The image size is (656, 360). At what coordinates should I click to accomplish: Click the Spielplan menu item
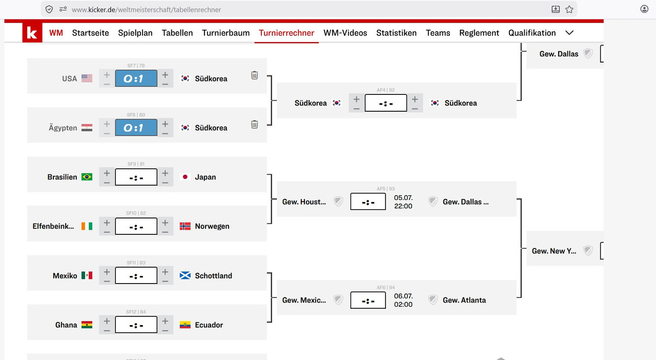click(135, 33)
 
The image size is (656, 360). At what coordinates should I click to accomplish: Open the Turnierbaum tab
click(226, 33)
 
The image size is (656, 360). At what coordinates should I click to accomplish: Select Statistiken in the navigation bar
click(396, 33)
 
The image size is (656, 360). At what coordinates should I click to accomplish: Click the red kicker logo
click(32, 32)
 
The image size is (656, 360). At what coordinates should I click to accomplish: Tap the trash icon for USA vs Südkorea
click(255, 75)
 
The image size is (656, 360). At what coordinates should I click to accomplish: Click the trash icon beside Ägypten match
click(255, 125)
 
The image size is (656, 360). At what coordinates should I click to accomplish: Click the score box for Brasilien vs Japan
click(136, 177)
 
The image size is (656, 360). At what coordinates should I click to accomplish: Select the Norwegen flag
click(185, 226)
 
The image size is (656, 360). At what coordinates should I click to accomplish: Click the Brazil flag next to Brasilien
click(87, 177)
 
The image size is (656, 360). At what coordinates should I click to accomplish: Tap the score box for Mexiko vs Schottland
click(136, 275)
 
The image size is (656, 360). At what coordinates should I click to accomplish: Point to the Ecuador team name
click(209, 325)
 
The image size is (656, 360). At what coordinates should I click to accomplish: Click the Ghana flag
click(87, 325)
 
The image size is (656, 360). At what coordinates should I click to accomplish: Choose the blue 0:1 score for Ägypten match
click(136, 128)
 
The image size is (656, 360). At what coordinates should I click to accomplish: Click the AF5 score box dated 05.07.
click(368, 202)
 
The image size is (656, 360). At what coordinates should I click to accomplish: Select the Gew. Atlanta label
click(464, 300)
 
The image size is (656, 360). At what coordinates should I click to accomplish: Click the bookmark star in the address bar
click(569, 9)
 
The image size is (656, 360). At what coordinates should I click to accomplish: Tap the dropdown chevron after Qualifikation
click(569, 33)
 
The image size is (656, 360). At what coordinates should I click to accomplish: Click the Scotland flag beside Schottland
click(185, 275)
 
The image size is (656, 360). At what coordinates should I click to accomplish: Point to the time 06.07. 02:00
click(403, 300)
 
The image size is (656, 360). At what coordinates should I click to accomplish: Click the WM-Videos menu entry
click(345, 33)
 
